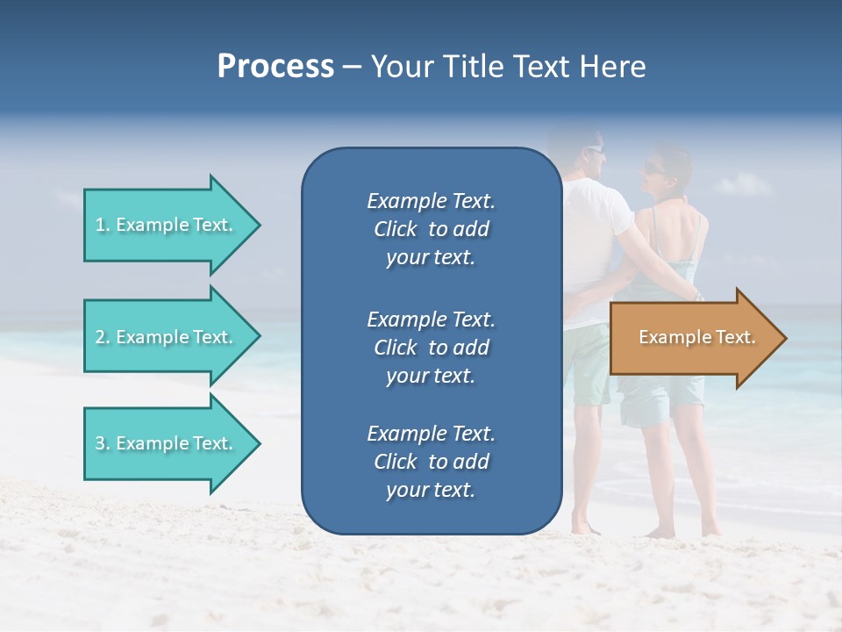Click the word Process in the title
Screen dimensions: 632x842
click(x=275, y=67)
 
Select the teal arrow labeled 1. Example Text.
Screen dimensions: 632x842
click(x=167, y=225)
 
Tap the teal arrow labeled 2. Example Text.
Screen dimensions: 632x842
click(x=167, y=337)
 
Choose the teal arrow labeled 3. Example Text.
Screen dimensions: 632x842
click(x=167, y=443)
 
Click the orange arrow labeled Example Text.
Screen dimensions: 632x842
click(x=693, y=338)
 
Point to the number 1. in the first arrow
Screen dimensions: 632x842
click(x=103, y=225)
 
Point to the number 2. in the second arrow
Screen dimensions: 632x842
click(x=103, y=337)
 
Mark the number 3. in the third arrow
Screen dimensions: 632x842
click(x=103, y=443)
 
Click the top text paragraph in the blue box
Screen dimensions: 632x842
click(x=431, y=229)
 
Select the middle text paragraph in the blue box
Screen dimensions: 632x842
click(x=431, y=348)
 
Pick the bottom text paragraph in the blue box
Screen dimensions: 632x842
click(x=431, y=462)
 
